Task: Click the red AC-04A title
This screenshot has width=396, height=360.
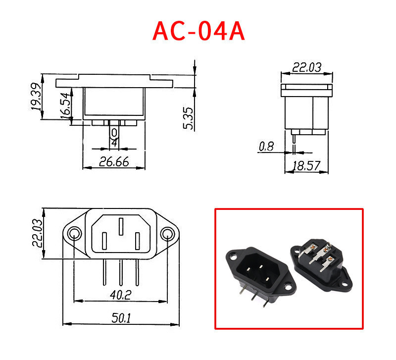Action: click(199, 31)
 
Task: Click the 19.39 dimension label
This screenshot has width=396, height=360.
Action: click(36, 97)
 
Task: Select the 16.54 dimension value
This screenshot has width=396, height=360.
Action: click(64, 105)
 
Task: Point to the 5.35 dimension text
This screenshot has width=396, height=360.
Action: click(188, 119)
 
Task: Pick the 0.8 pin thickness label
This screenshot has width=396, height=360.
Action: click(266, 147)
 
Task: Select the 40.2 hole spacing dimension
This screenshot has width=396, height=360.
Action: click(119, 295)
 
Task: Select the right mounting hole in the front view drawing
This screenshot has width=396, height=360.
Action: click(168, 233)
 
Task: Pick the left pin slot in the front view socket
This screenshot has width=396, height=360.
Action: click(104, 241)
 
